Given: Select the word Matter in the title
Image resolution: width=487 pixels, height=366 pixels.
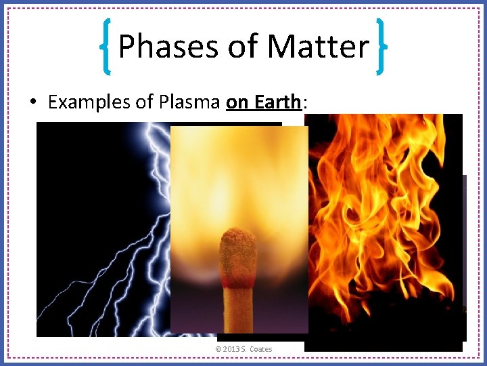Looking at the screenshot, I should coord(318,47).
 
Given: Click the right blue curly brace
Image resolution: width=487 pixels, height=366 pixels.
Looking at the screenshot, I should coord(381,47).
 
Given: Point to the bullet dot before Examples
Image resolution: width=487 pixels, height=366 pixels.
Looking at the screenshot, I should coord(34,102).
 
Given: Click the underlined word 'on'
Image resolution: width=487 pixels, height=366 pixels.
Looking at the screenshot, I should coord(237,102).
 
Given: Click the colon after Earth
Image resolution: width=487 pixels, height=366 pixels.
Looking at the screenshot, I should coord(305,102).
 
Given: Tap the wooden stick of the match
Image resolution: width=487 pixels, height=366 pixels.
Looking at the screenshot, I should coord(239,305).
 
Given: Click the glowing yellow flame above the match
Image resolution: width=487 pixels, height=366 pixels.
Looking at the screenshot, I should coord(239,176).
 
